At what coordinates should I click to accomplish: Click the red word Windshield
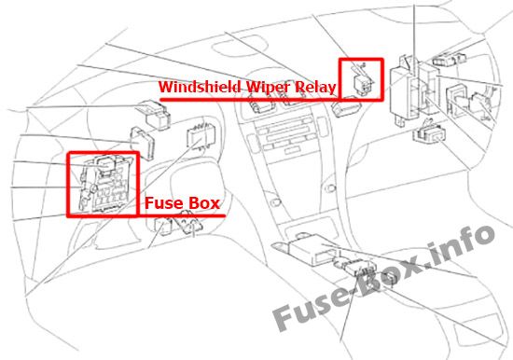click(200, 87)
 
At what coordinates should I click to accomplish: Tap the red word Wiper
click(268, 87)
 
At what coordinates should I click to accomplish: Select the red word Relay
click(315, 88)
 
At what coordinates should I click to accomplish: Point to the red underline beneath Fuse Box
click(182, 215)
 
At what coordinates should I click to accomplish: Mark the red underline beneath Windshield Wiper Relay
click(250, 99)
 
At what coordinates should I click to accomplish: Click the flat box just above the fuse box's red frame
click(143, 143)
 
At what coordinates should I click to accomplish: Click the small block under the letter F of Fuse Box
click(162, 227)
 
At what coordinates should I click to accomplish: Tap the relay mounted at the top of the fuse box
click(105, 163)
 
